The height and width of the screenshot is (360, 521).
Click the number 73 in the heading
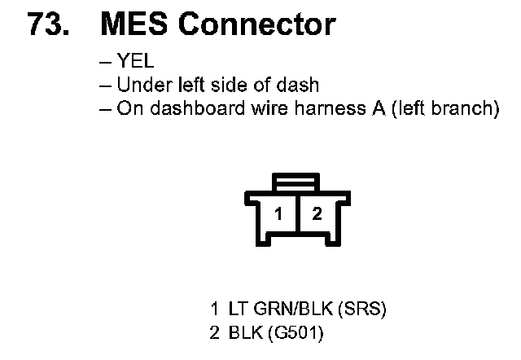click(46, 24)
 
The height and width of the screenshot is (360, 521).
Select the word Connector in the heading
click(256, 24)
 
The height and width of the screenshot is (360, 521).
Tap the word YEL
click(136, 63)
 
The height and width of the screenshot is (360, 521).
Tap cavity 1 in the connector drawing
click(278, 214)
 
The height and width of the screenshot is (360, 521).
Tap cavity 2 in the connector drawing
click(317, 214)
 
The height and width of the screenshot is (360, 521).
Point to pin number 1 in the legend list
click(214, 310)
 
